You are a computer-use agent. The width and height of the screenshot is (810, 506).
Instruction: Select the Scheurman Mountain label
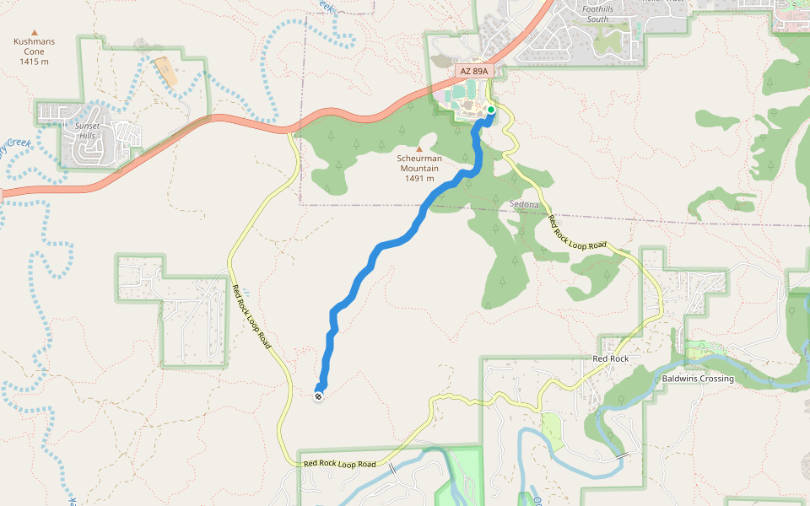[x=418, y=162]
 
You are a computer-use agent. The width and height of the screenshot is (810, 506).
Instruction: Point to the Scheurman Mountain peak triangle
[x=418, y=148]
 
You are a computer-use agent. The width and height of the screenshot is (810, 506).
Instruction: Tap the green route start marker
[x=491, y=110]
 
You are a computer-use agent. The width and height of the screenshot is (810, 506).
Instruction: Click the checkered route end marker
[x=318, y=395]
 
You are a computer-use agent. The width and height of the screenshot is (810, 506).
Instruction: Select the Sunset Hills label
[x=88, y=132]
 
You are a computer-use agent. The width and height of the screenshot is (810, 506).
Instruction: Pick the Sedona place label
[x=526, y=205]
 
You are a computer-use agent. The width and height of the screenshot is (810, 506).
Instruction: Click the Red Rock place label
[x=611, y=359]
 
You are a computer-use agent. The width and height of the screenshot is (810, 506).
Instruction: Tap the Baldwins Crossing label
[x=698, y=379]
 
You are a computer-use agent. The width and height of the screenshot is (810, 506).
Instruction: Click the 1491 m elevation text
[x=418, y=178]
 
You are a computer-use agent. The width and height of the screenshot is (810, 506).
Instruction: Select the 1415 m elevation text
[x=35, y=62]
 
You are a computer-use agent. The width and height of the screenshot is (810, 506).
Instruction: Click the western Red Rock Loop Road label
[x=251, y=317]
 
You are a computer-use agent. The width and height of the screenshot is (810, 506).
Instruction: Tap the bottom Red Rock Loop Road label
[x=339, y=464]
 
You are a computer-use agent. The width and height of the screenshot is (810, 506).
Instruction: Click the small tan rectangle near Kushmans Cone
[x=166, y=72]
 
